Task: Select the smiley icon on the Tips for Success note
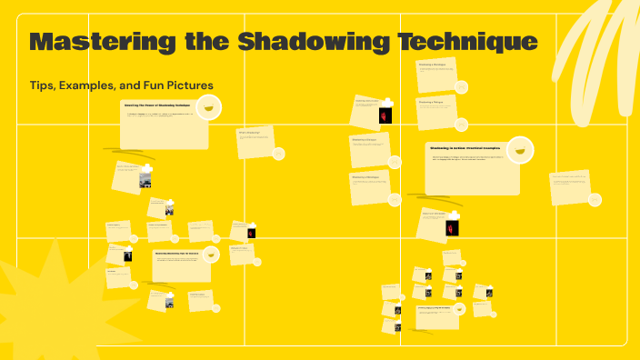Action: click(x=210, y=258)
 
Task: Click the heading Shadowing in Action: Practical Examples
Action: click(x=465, y=147)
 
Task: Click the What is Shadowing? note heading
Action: click(x=249, y=133)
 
